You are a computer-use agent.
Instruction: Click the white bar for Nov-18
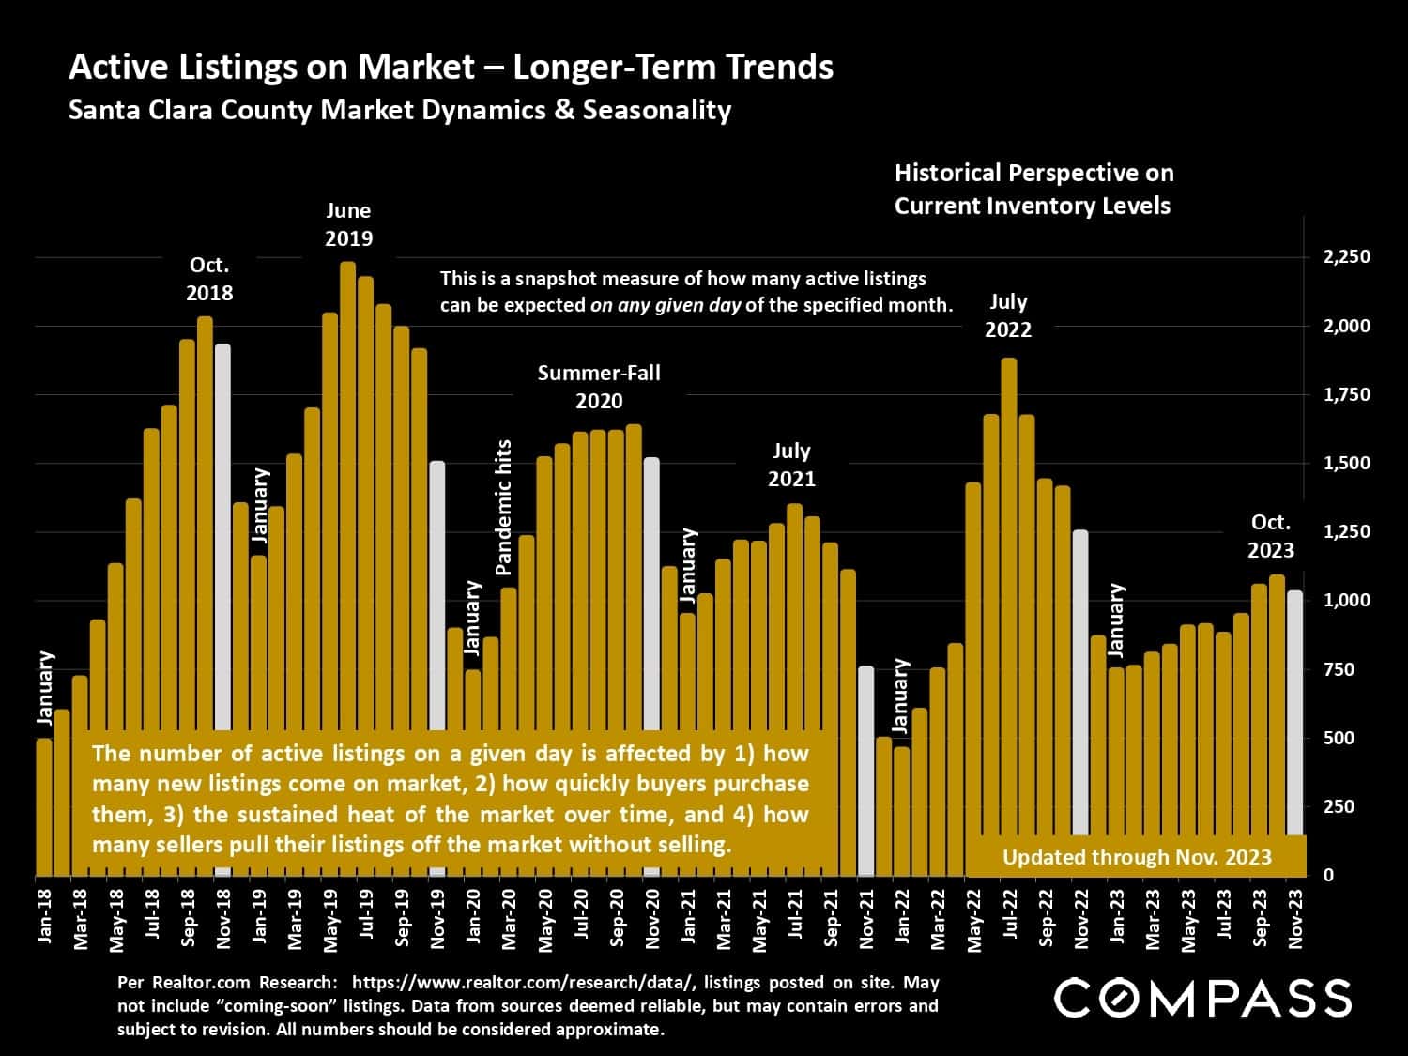pyautogui.click(x=222, y=535)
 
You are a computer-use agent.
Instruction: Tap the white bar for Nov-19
pyautogui.click(x=437, y=591)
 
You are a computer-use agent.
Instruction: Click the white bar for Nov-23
pyautogui.click(x=1294, y=713)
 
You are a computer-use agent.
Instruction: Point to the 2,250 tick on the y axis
pyautogui.click(x=1346, y=256)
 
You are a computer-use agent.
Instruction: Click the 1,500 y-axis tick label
pyautogui.click(x=1346, y=463)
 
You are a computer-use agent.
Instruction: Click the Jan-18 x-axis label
pyautogui.click(x=44, y=916)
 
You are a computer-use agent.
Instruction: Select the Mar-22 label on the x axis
pyautogui.click(x=938, y=916)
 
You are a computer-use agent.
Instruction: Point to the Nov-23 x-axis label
pyautogui.click(x=1295, y=916)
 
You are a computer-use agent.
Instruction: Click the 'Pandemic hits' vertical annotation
pyautogui.click(x=504, y=508)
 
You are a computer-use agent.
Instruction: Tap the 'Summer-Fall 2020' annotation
pyautogui.click(x=599, y=387)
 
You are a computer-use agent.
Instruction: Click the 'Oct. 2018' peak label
pyautogui.click(x=209, y=279)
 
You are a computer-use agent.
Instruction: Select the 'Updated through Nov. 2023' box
pyautogui.click(x=1137, y=857)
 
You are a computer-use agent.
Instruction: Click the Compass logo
pyautogui.click(x=1202, y=998)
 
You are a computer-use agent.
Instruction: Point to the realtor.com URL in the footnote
pyautogui.click(x=523, y=983)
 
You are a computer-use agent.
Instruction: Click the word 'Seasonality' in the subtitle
pyautogui.click(x=656, y=110)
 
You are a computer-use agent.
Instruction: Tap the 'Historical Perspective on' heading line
pyautogui.click(x=1033, y=173)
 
